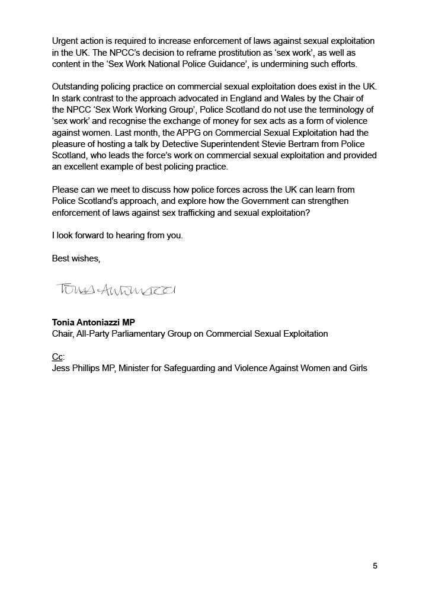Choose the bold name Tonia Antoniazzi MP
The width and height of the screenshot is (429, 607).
click(94, 322)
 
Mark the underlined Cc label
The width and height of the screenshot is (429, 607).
click(57, 357)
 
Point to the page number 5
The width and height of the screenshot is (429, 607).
click(375, 566)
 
